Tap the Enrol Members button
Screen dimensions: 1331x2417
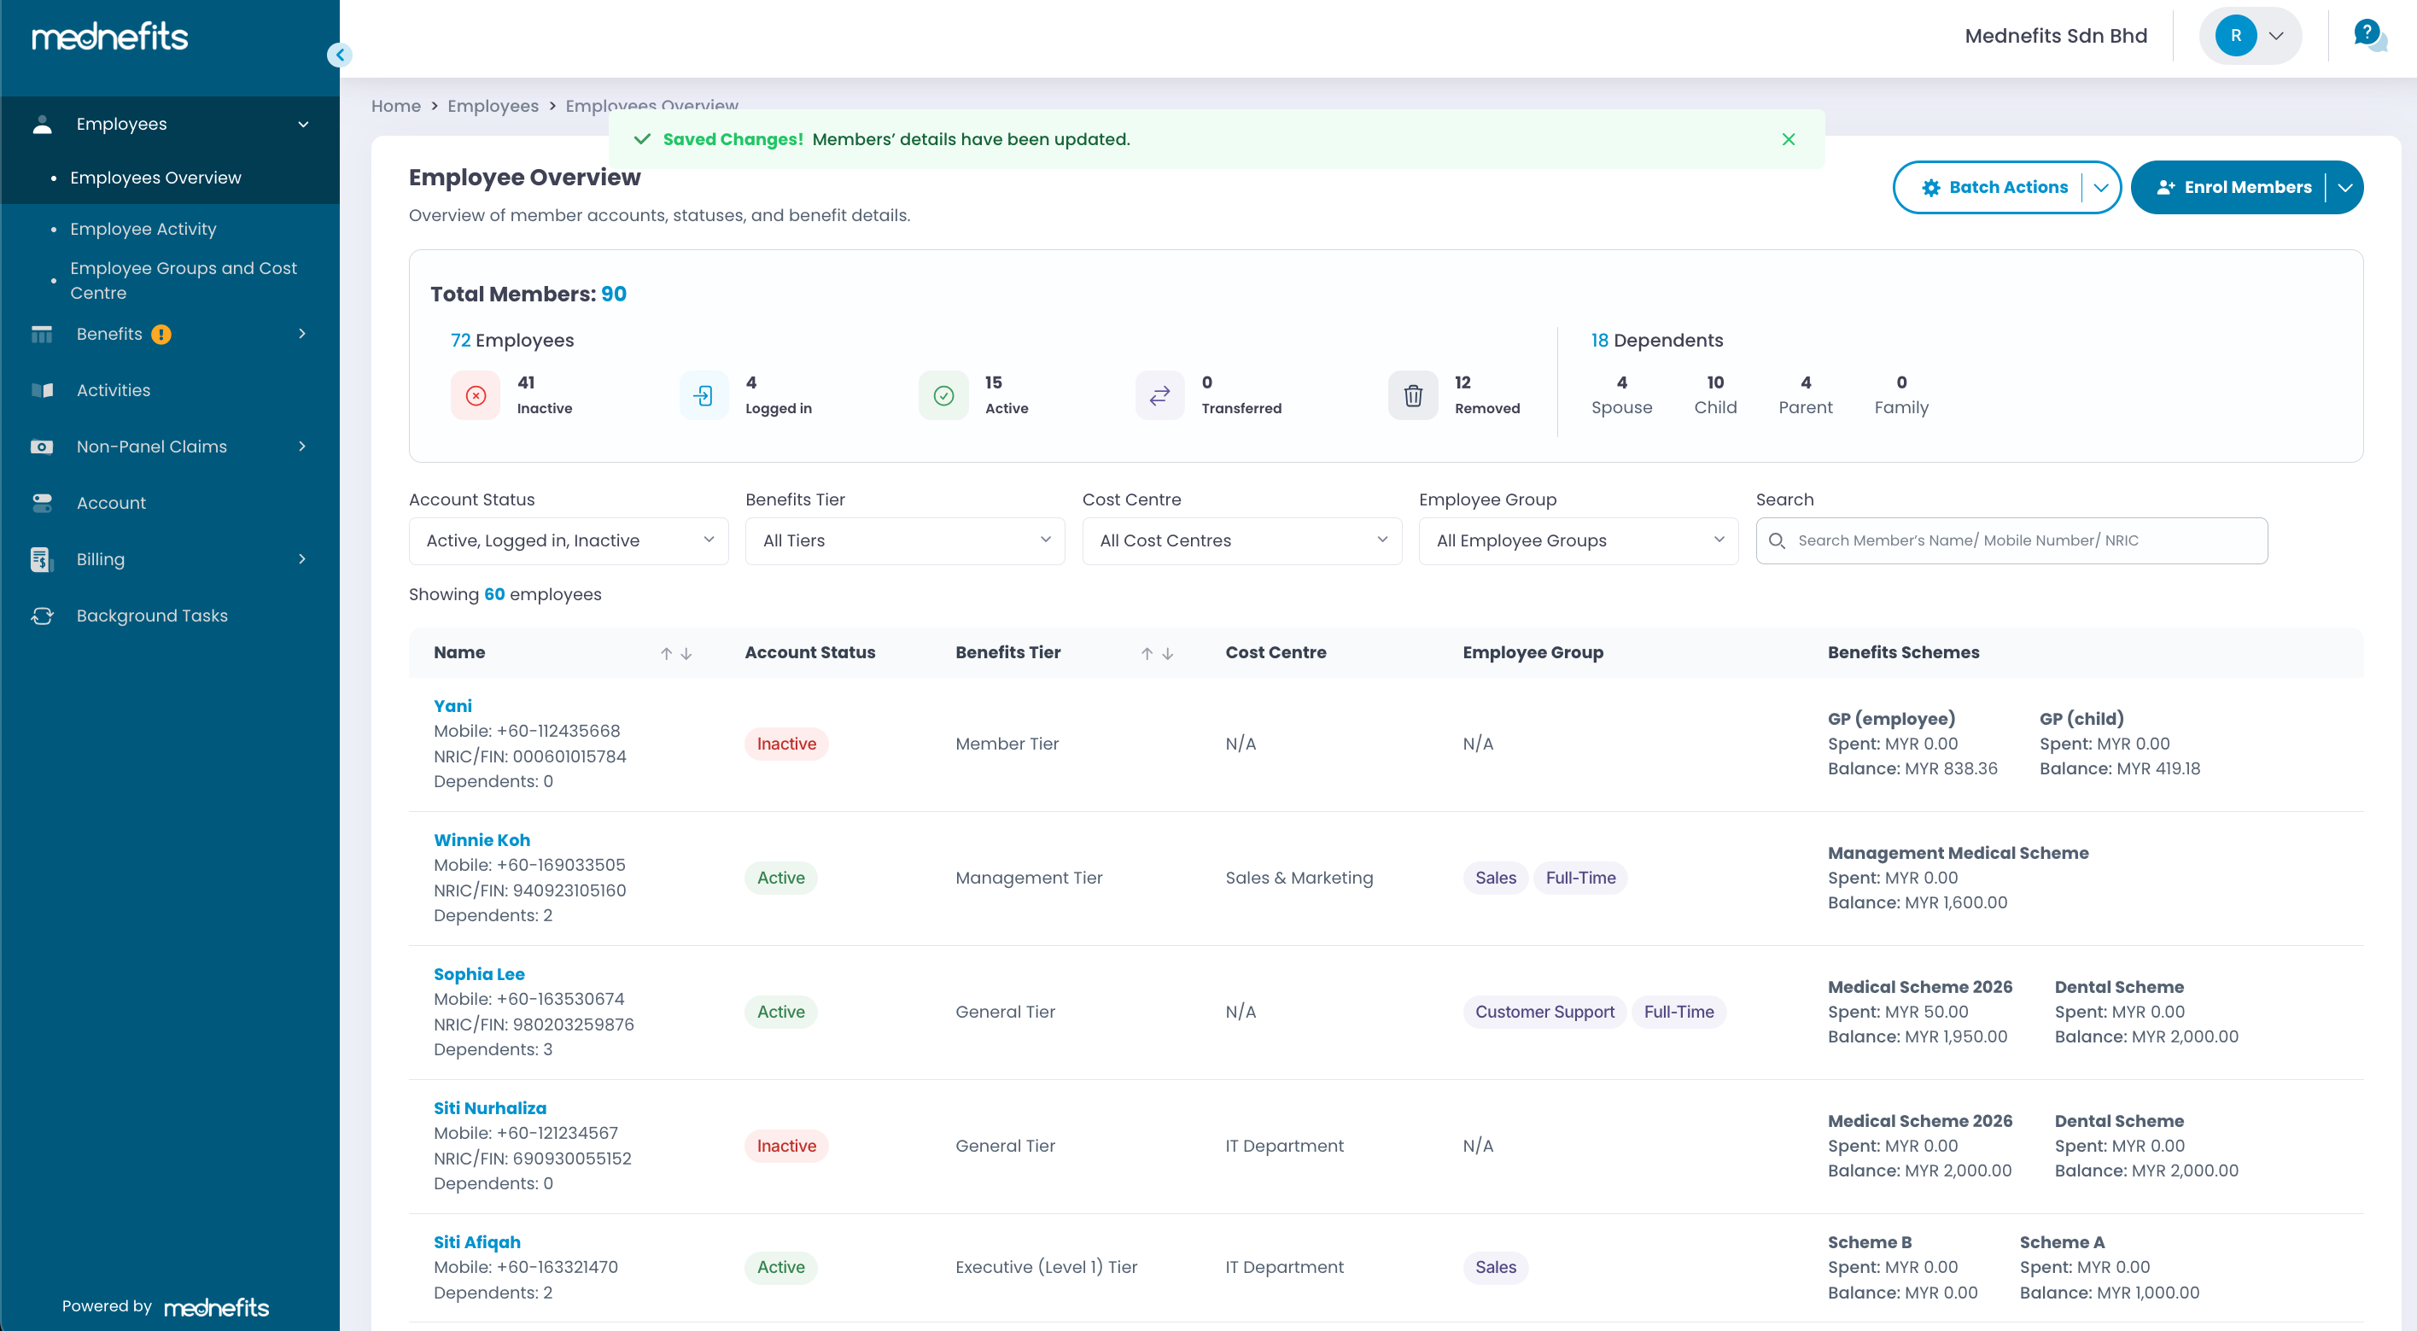coord(2233,188)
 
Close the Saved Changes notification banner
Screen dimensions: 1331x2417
coord(1789,140)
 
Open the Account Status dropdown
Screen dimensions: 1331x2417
coord(569,540)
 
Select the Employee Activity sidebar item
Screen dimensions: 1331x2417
coord(143,229)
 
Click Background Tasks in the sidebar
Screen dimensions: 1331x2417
coord(152,616)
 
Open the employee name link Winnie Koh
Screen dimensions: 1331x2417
coord(482,839)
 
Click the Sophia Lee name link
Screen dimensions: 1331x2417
coord(478,973)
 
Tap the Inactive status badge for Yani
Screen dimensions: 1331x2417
coord(786,744)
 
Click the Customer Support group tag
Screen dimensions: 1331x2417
coord(1544,1012)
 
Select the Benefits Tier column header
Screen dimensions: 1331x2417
coord(1007,652)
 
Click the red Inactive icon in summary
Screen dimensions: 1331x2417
coord(476,396)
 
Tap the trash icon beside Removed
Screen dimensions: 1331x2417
coord(1412,396)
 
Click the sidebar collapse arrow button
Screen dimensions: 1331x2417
coord(340,55)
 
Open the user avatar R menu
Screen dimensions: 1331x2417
coord(2249,36)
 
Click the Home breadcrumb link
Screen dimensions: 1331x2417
coord(395,106)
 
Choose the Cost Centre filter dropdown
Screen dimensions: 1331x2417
coord(1241,540)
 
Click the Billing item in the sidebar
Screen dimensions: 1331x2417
coord(101,559)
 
